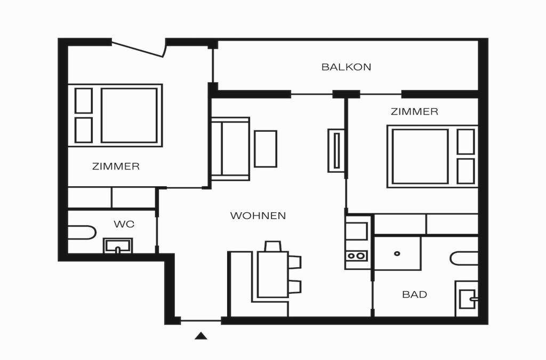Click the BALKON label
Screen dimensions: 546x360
(x=346, y=67)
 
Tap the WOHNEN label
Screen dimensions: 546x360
(x=258, y=215)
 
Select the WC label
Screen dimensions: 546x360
(x=124, y=224)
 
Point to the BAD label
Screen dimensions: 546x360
(x=414, y=294)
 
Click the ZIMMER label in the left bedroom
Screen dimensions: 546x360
(x=116, y=166)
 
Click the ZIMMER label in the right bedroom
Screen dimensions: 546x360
(x=414, y=112)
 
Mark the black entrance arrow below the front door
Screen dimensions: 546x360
(x=201, y=335)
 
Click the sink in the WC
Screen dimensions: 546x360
(x=118, y=246)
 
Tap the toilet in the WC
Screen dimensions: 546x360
(x=82, y=233)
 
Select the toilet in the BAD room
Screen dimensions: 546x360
(x=464, y=258)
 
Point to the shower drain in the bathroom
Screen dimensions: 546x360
(x=397, y=253)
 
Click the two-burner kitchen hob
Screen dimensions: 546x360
(x=356, y=256)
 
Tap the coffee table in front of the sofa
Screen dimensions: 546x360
(x=266, y=149)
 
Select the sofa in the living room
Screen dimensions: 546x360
(x=230, y=149)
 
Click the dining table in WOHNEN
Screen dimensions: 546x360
(x=272, y=274)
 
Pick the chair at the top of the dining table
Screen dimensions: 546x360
(x=272, y=246)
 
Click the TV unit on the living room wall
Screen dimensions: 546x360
(x=336, y=150)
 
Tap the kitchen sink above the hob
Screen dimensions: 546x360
(x=356, y=231)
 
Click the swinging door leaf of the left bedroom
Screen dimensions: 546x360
(x=138, y=49)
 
